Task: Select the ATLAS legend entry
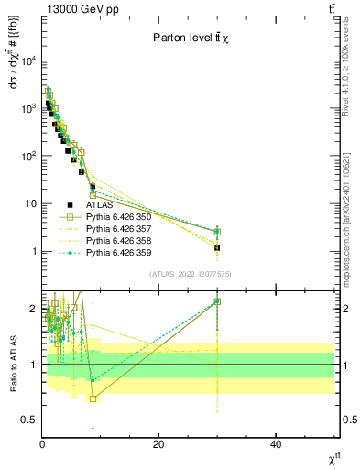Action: [x=99, y=205]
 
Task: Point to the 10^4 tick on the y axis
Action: [x=27, y=60]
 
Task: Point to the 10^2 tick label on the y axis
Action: [x=27, y=156]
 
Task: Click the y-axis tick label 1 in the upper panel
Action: [x=34, y=251]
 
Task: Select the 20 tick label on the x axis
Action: [x=158, y=443]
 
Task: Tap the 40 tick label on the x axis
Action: [x=276, y=443]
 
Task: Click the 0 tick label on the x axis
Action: [x=42, y=443]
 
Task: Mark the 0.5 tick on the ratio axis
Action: [x=29, y=420]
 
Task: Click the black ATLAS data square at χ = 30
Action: [x=217, y=247]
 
